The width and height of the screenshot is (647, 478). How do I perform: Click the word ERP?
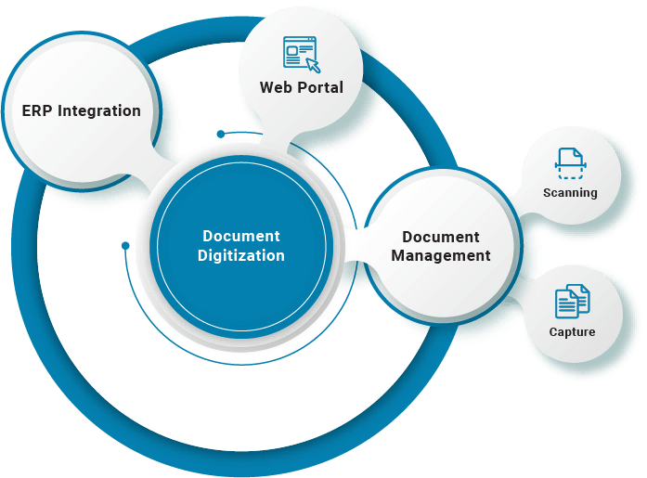(37, 111)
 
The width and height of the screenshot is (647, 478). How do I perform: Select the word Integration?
(99, 111)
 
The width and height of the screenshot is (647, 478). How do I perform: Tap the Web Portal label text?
(302, 88)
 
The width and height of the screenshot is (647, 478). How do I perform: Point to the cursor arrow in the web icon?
(313, 64)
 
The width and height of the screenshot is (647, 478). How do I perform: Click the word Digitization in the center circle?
(241, 255)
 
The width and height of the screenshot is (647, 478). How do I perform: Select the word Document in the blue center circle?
(241, 236)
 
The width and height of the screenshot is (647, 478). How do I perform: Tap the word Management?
(441, 255)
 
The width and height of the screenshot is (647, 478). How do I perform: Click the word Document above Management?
(441, 237)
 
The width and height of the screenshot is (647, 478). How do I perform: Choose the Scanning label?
(570, 193)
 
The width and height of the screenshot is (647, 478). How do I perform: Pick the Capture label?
(572, 331)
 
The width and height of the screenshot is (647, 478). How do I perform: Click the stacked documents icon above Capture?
(572, 302)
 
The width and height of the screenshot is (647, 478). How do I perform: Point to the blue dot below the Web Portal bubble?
(220, 134)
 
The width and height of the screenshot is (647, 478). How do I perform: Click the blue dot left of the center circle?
(125, 246)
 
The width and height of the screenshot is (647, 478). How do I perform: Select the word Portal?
(320, 88)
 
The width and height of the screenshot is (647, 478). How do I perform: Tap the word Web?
(276, 88)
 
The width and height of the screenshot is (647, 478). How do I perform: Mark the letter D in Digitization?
(202, 255)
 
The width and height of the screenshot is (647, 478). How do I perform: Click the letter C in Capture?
(552, 331)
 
